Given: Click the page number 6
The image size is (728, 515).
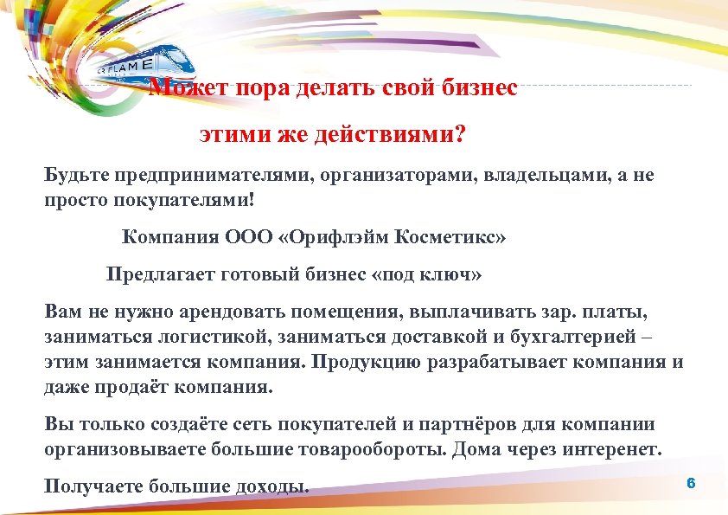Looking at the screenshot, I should pos(690,482).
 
